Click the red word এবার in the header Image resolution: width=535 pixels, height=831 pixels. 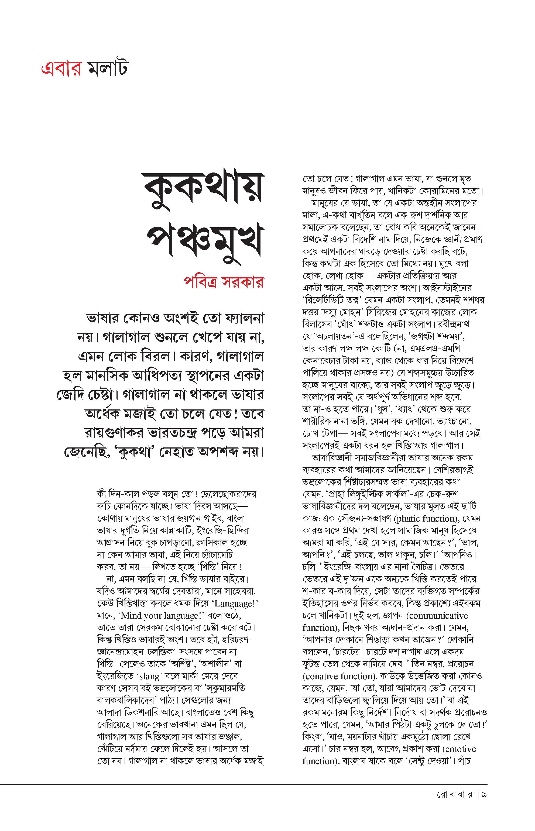(x=61, y=68)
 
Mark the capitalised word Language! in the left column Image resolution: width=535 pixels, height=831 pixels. (x=235, y=604)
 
